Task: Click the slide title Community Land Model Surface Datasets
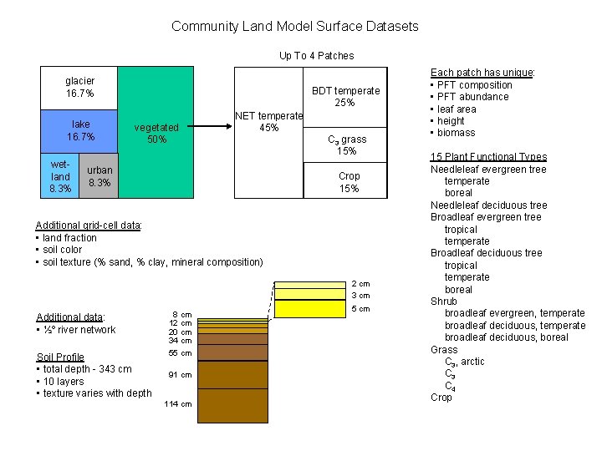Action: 295,26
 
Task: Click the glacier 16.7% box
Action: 80,87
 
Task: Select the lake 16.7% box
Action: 81,130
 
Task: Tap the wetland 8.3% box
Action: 60,177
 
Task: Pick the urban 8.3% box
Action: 99,176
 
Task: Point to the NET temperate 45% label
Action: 268,122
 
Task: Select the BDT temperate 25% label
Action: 344,96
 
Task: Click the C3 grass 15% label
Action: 346,144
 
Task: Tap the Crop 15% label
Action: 349,182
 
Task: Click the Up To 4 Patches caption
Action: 316,56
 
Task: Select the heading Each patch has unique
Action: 482,73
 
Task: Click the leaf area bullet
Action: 456,109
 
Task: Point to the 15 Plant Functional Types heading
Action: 488,157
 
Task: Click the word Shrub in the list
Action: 444,302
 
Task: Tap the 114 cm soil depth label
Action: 180,404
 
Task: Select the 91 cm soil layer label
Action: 180,375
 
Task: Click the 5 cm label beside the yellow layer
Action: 360,309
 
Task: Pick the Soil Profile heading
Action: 60,357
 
